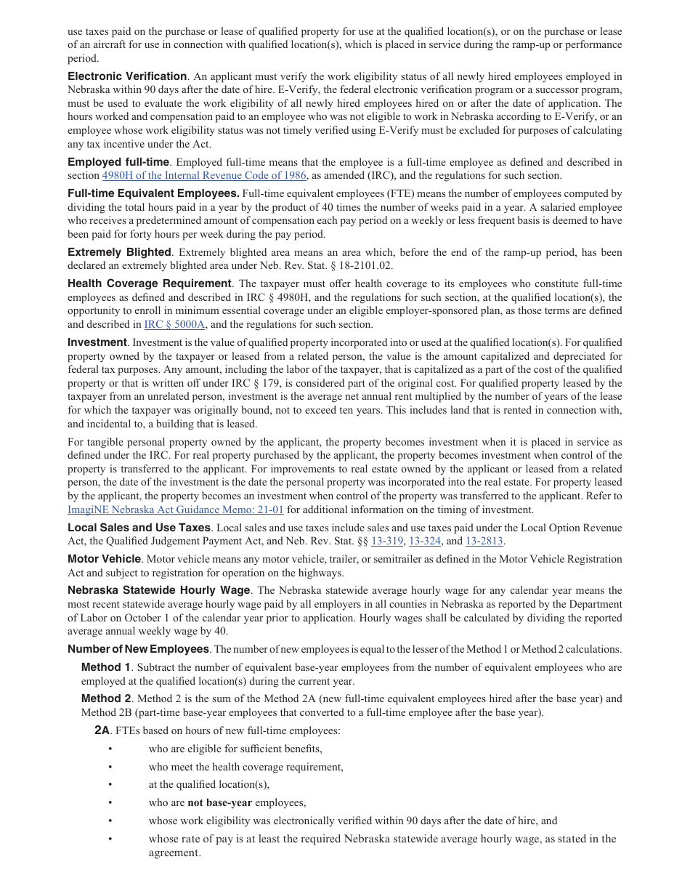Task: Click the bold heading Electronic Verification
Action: coord(127,76)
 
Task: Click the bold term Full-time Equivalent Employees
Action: coord(153,193)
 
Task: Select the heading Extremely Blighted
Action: coord(119,252)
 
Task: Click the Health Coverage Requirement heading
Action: coord(150,283)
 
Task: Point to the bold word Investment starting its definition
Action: coord(97,342)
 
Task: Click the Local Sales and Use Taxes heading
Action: coord(139,528)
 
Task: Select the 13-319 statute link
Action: coord(387,541)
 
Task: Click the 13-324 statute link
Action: coord(425,541)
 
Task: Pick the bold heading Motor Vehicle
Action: coord(104,559)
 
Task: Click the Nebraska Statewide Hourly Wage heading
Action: coord(159,590)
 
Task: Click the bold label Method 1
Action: coord(106,667)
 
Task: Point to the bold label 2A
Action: coord(102,730)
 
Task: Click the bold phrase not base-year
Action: coord(219,803)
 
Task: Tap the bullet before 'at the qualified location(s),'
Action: coord(110,785)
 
